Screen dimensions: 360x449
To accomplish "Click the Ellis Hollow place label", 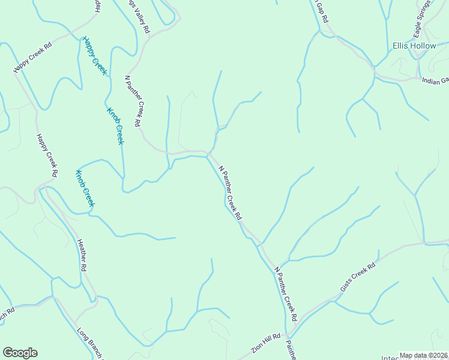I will pyautogui.click(x=414, y=46).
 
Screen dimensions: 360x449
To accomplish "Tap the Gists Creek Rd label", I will pyautogui.click(x=358, y=277).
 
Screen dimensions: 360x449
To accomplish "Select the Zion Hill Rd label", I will pyautogui.click(x=266, y=344).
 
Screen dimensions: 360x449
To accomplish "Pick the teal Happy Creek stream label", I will pyautogui.click(x=95, y=56).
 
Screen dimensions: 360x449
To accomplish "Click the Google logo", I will pyautogui.click(x=20, y=353).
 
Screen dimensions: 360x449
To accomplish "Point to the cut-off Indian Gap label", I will pyautogui.click(x=435, y=81).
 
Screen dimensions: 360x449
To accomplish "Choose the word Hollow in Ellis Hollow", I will pyautogui.click(x=424, y=46).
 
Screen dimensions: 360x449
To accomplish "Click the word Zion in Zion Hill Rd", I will pyautogui.click(x=257, y=349).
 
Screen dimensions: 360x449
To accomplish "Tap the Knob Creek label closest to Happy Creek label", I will pyautogui.click(x=115, y=126).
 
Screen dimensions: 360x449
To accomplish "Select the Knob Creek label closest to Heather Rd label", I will pyautogui.click(x=85, y=188).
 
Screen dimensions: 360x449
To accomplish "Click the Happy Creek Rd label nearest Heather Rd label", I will pyautogui.click(x=47, y=155).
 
